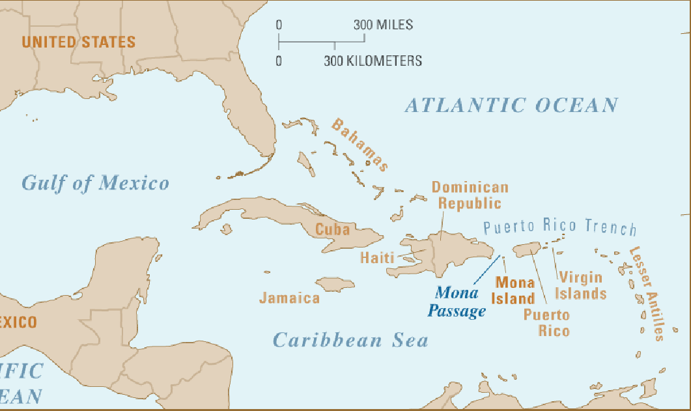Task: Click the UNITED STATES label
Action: (78, 42)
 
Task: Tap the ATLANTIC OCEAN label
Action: (511, 105)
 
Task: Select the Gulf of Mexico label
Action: (95, 183)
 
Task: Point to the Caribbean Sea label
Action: (350, 340)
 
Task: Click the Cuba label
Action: (332, 229)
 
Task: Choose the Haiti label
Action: (377, 258)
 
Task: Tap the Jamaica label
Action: (289, 298)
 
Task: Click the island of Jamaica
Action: (335, 284)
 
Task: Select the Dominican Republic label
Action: (470, 195)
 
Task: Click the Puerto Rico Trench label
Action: (560, 227)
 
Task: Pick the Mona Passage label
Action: (457, 302)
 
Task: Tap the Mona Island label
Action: (515, 291)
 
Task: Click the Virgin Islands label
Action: (580, 285)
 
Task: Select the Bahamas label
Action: (360, 145)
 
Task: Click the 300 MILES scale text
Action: (383, 25)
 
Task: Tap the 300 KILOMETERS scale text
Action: (373, 61)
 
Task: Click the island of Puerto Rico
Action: (526, 248)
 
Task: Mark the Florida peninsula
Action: (251, 127)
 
